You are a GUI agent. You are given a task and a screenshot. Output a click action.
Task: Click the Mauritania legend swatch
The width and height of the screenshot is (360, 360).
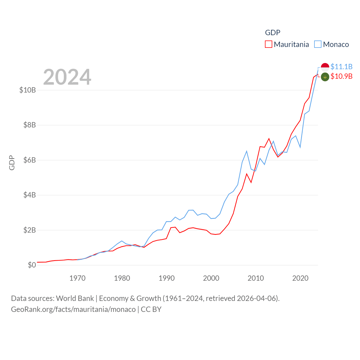click(269, 44)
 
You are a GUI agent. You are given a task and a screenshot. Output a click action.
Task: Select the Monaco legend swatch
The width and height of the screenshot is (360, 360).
click(318, 44)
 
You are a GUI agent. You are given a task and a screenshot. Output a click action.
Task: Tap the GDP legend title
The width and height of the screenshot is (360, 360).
click(273, 33)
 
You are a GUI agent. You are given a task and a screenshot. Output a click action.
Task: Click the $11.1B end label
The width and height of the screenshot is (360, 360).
click(341, 67)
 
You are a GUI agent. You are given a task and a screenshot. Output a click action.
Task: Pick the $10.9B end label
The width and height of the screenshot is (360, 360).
click(341, 76)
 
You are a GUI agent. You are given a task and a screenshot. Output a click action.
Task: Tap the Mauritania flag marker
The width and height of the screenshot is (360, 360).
click(325, 77)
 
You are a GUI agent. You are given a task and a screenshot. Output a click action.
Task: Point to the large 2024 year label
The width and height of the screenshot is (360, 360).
click(67, 77)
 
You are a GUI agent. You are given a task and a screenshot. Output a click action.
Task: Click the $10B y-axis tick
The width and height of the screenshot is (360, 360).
click(28, 90)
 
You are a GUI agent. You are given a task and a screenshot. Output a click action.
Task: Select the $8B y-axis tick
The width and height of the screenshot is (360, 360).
click(30, 125)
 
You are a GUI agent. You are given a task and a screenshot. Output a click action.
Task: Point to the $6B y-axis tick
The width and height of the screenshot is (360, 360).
click(30, 160)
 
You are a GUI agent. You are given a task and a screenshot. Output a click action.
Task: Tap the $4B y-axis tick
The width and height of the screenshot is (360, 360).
click(30, 195)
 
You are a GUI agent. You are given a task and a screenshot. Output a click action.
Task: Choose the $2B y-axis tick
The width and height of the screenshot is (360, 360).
click(30, 230)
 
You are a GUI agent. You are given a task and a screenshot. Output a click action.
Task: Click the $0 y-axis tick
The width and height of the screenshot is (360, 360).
click(32, 265)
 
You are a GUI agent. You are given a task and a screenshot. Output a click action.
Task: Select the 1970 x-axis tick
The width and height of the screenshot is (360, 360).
click(77, 278)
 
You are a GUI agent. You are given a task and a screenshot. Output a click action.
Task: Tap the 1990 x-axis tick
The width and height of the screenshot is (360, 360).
click(166, 278)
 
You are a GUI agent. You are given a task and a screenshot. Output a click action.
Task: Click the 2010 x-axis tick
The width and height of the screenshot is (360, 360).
click(256, 278)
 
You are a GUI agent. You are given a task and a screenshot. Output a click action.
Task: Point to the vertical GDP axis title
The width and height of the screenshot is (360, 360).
click(12, 163)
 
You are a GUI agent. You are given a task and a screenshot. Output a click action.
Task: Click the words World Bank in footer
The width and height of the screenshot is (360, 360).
click(75, 298)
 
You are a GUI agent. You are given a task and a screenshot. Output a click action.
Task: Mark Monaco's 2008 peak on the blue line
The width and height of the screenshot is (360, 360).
click(247, 151)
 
